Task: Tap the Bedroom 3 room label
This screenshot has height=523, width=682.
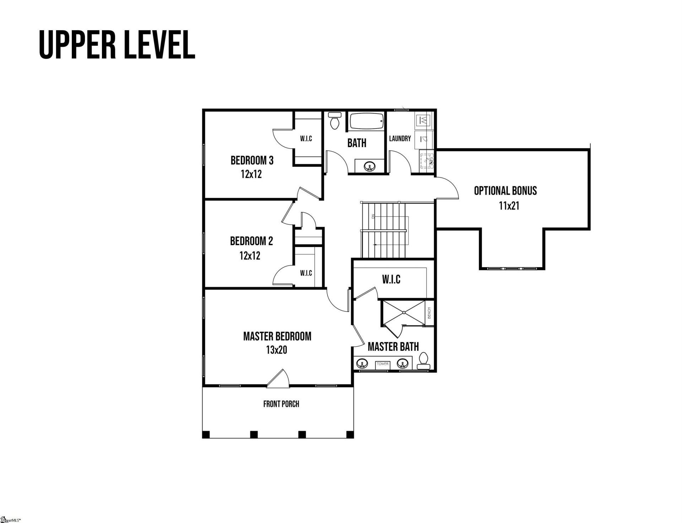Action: (x=252, y=161)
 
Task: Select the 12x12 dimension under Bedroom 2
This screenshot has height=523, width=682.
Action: (x=250, y=255)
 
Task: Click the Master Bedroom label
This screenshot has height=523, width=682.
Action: (x=277, y=336)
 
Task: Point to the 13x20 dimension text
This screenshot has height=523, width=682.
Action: (x=276, y=350)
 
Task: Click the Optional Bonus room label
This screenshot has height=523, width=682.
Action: (x=505, y=191)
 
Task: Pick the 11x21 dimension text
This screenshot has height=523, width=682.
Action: (x=509, y=206)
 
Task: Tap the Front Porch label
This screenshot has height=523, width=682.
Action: (x=281, y=404)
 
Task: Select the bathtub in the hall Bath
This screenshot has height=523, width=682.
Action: (x=366, y=121)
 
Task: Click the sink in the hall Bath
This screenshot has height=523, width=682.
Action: (x=370, y=166)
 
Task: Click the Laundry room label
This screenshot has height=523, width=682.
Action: (x=400, y=139)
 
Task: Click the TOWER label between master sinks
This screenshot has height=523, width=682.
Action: (x=383, y=364)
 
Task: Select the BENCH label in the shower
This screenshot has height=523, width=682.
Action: (x=429, y=313)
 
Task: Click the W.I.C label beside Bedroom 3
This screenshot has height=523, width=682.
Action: (x=306, y=139)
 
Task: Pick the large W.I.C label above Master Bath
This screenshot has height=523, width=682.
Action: (x=391, y=280)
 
